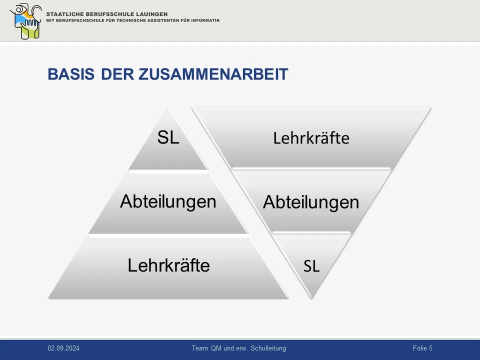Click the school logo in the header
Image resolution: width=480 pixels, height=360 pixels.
25,21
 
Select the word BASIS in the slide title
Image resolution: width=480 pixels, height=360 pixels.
71,74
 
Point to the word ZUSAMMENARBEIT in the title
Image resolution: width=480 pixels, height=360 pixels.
213,74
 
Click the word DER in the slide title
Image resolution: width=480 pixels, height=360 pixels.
117,74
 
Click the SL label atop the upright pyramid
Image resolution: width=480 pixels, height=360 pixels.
168,137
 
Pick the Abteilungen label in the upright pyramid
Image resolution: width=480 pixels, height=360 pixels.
168,201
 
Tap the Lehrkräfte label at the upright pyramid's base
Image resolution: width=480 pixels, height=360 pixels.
168,265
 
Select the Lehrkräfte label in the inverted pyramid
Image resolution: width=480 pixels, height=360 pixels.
311,138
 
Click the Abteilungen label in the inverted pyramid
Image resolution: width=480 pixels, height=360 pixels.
311,202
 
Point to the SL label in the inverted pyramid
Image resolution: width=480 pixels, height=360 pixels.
311,266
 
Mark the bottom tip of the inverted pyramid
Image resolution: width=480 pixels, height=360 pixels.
311,298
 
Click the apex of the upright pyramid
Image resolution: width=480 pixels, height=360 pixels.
168,107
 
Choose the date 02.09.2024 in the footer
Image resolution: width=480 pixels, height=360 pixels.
63,348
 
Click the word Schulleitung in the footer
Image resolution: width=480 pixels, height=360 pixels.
268,348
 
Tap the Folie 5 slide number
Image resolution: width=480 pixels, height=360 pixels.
422,348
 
